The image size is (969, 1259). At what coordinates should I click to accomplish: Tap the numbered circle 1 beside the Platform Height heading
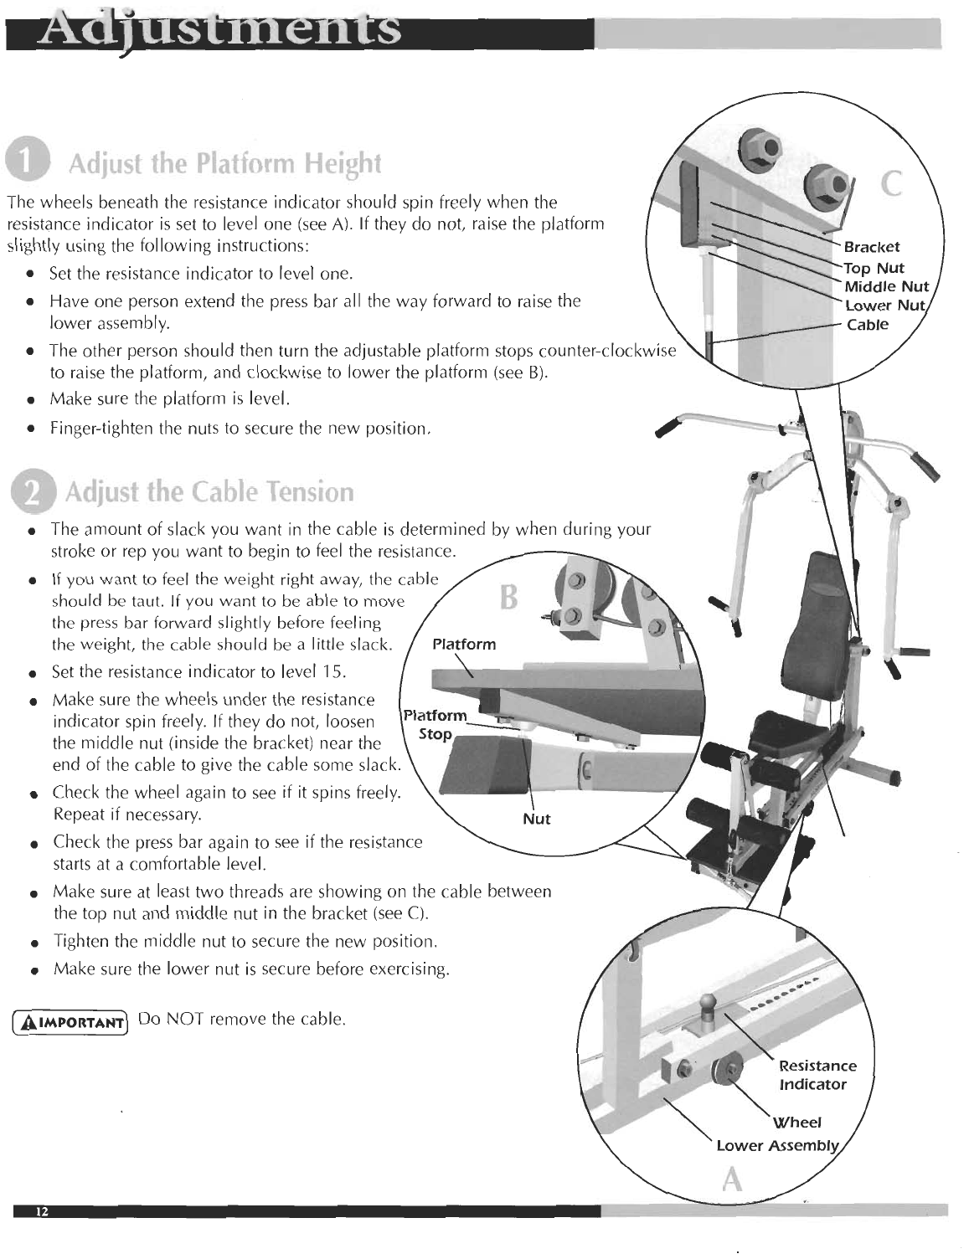coord(31,162)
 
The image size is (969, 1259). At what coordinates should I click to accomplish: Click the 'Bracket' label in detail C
coord(871,247)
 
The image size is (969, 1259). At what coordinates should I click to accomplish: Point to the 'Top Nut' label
coord(874,268)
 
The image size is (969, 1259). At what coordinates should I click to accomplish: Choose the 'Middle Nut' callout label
coord(886,287)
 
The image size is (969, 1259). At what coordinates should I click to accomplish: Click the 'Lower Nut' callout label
coord(884,306)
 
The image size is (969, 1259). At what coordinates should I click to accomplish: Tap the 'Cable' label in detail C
coord(867,325)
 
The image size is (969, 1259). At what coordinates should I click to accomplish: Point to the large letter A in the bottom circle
coord(733,1179)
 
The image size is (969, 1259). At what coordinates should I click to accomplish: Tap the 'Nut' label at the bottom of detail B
coord(536,819)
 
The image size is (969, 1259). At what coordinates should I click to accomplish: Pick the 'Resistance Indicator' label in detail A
coord(817,1075)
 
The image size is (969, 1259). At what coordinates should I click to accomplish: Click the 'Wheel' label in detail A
coord(796,1122)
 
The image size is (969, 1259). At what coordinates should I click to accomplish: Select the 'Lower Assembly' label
coord(776,1145)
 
